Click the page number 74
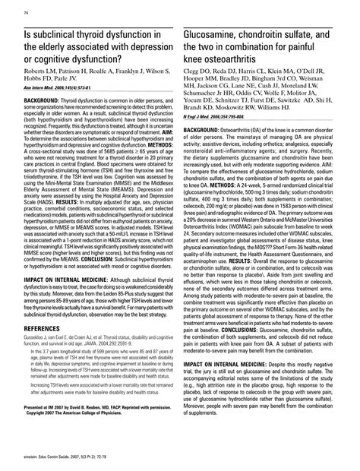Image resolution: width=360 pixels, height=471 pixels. (x=28, y=14)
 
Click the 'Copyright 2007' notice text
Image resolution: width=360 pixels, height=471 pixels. (x=50, y=413)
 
